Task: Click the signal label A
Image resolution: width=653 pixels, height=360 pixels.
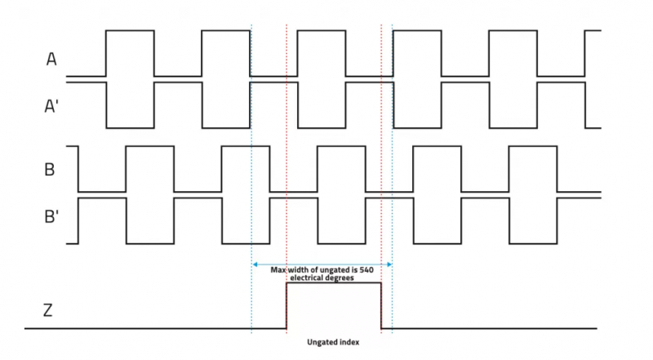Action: pyautogui.click(x=51, y=59)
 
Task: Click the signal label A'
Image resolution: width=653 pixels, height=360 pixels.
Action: pyautogui.click(x=52, y=104)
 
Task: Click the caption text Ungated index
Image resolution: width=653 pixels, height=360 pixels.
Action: pyautogui.click(x=333, y=341)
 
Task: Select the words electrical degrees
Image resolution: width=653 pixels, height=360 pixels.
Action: pyautogui.click(x=322, y=278)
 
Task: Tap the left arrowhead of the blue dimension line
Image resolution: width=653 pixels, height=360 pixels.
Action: pyautogui.click(x=255, y=264)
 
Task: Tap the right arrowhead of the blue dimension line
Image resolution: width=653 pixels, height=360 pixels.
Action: pyautogui.click(x=389, y=264)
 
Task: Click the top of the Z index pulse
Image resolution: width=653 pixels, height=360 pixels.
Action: pyautogui.click(x=334, y=282)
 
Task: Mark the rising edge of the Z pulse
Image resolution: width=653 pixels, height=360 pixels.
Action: pyautogui.click(x=287, y=305)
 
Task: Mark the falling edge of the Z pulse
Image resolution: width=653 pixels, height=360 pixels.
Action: pyautogui.click(x=381, y=305)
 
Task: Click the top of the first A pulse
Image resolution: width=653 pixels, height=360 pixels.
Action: pyautogui.click(x=130, y=31)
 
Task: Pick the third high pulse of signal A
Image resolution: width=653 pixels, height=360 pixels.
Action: pyautogui.click(x=321, y=31)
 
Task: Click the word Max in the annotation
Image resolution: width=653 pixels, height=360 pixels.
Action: pyautogui.click(x=280, y=269)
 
